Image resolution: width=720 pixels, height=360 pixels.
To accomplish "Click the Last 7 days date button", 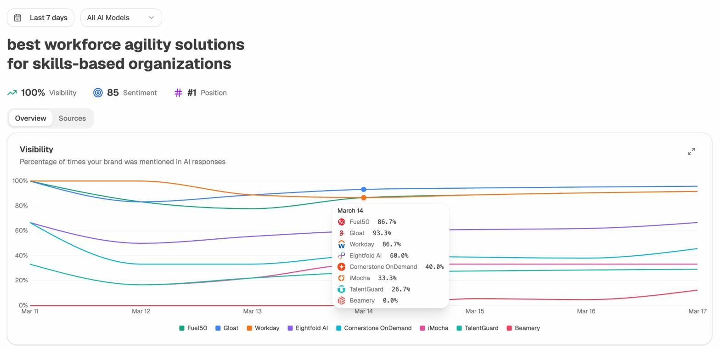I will pyautogui.click(x=40, y=17).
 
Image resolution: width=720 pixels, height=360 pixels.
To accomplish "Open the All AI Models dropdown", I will pyautogui.click(x=121, y=17).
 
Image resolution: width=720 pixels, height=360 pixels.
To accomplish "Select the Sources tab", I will pyautogui.click(x=72, y=118).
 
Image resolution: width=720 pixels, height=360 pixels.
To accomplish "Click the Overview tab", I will pyautogui.click(x=30, y=118).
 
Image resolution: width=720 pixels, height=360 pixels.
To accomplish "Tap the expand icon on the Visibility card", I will pyautogui.click(x=691, y=152).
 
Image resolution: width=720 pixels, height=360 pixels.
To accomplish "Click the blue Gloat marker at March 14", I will pyautogui.click(x=364, y=189).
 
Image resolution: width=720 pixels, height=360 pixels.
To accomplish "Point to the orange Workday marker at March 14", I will pyautogui.click(x=364, y=197).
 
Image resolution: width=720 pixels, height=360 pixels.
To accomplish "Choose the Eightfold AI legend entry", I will pyautogui.click(x=308, y=328).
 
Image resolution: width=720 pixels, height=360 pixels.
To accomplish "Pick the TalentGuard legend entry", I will pyautogui.click(x=478, y=328).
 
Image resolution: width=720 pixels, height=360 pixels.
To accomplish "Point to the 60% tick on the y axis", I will pyautogui.click(x=20, y=231).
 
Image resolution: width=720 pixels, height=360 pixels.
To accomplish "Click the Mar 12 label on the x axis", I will pyautogui.click(x=141, y=311).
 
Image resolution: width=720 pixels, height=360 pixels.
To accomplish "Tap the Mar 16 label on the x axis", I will pyautogui.click(x=586, y=311).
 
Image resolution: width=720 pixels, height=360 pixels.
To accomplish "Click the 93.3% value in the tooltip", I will pyautogui.click(x=382, y=233).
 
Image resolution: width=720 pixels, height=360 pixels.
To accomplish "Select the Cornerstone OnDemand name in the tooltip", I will pyautogui.click(x=383, y=267).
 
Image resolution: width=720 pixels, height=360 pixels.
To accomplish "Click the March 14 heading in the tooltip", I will pyautogui.click(x=350, y=210).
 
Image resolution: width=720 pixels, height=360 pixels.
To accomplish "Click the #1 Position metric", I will pyautogui.click(x=200, y=93).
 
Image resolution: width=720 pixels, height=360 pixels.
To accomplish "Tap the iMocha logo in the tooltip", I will pyautogui.click(x=341, y=278).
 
